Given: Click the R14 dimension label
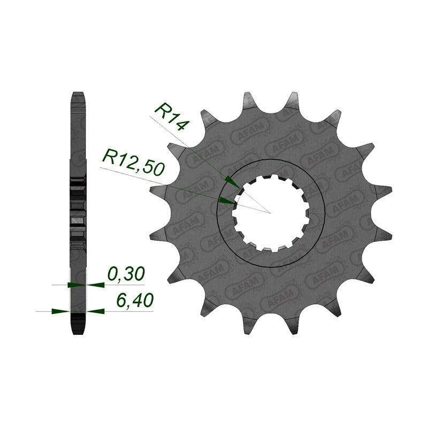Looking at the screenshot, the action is pos(171,117).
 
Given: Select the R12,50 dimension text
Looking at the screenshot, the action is pos(133,162).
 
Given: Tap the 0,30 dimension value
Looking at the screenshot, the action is pos(126,274).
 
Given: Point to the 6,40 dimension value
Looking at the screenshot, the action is pos(134,301).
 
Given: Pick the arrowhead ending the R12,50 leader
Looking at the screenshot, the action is pos(226,201).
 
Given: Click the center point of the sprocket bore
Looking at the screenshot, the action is pos(270,213).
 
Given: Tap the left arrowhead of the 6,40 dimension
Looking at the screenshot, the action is pos(60,311).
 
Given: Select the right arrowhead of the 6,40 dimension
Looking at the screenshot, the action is pos(95,311).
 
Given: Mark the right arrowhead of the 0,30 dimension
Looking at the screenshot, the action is pos(95,285).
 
